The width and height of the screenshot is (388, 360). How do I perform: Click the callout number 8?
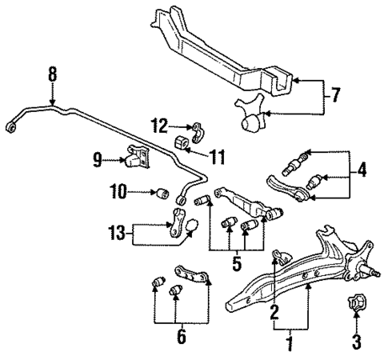click(x=53, y=77)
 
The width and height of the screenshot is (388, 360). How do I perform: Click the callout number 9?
click(x=98, y=161)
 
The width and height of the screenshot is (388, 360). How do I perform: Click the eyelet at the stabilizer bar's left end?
click(x=10, y=126)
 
